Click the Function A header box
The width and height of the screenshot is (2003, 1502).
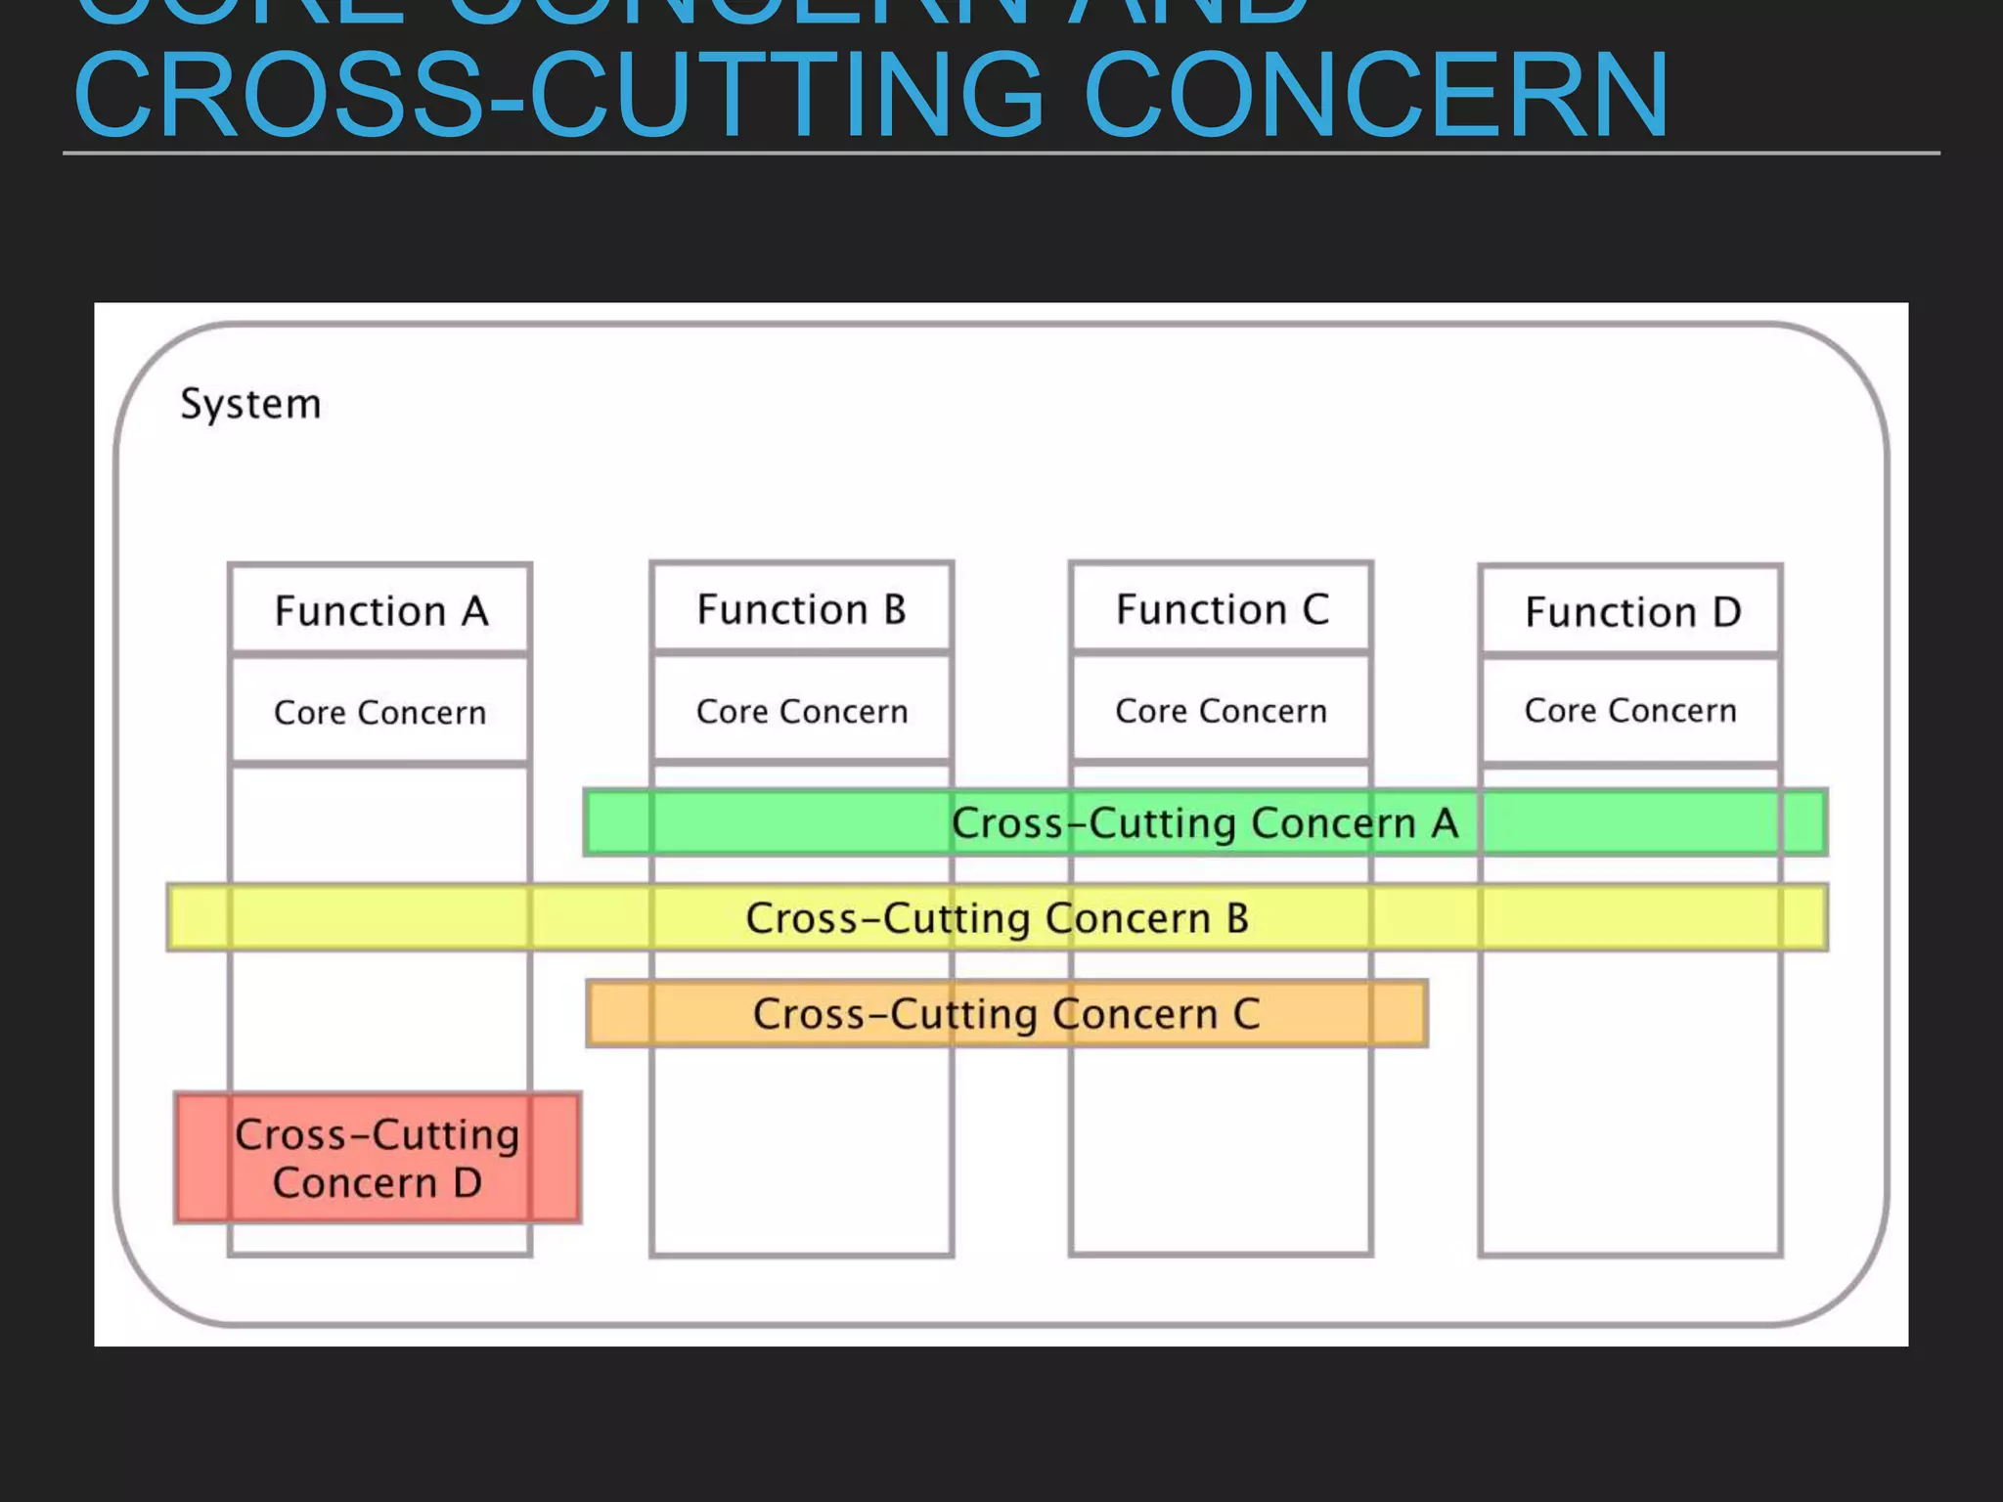pos(380,610)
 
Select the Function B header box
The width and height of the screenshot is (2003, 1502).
pos(801,608)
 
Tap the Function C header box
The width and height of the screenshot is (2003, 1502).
pos(1222,608)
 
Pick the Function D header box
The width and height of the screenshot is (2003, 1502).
pos(1631,611)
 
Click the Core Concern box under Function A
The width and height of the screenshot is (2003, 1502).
pos(380,712)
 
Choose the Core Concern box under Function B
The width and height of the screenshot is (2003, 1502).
pos(801,711)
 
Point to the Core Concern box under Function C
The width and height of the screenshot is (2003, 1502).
pos(1222,710)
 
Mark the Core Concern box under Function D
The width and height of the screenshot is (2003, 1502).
pos(1631,710)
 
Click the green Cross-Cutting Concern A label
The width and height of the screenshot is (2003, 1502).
pos(1205,823)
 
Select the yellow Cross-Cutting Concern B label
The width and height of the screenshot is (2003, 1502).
pos(997,918)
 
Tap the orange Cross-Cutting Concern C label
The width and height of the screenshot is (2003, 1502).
pos(1006,1014)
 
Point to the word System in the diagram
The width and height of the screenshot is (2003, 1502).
pos(250,404)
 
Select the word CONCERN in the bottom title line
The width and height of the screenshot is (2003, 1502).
pos(1376,96)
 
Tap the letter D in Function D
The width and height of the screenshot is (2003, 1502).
pos(1726,612)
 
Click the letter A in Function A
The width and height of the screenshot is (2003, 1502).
pos(475,611)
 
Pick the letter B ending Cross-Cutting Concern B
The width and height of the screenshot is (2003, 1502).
pos(1237,918)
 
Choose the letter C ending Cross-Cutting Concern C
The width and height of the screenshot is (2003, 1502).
pos(1246,1014)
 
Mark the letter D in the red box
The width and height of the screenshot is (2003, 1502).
pos(467,1183)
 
